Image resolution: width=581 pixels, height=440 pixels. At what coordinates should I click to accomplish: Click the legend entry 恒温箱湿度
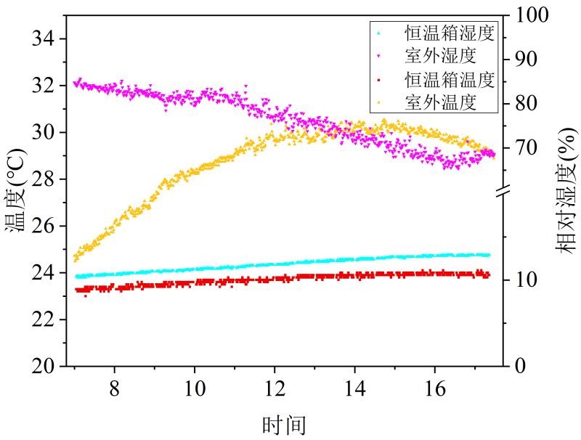450,33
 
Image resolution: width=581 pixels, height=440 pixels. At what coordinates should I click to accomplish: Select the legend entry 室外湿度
440,56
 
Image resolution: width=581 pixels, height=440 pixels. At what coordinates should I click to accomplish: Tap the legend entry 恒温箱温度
450,78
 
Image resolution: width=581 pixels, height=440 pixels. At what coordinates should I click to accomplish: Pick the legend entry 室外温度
440,102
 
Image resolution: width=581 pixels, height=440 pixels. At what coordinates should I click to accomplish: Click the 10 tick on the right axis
527,280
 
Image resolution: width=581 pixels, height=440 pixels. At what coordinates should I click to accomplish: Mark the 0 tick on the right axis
521,366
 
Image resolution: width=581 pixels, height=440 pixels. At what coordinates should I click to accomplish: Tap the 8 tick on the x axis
114,386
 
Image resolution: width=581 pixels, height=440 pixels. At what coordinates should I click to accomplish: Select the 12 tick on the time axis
274,386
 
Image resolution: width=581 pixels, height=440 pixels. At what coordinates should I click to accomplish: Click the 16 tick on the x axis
434,386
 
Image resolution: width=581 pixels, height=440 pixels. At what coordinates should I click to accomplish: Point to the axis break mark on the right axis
506,192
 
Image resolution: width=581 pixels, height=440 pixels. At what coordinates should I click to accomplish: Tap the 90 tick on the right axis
527,60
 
